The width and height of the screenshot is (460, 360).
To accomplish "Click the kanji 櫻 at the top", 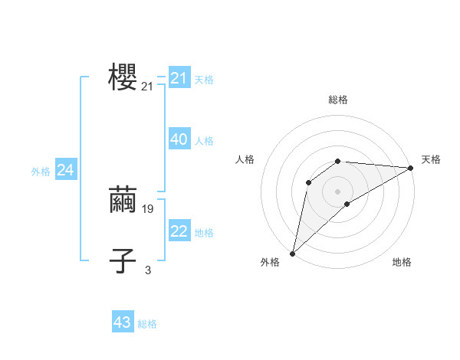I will coord(123,77).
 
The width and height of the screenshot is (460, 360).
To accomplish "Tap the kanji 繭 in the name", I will coord(123,199).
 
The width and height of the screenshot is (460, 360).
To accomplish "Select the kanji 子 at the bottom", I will coord(123,260).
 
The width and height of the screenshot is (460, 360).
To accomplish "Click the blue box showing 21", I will coord(179,78).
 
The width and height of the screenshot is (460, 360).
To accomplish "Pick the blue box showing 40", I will coord(179,139).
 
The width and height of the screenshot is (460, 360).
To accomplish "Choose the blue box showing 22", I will coord(179,231).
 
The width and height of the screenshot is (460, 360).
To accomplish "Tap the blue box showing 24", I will coord(66,170).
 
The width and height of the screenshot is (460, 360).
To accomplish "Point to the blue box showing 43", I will coord(123,322).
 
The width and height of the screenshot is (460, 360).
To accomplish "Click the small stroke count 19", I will coord(148,209).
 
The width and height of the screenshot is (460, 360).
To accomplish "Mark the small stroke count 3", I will coord(148,270).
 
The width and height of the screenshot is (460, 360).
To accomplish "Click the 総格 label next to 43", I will coord(147,324).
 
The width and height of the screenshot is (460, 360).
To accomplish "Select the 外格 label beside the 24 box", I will coord(41,172).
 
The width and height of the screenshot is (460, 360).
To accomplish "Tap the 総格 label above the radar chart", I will coord(337,100).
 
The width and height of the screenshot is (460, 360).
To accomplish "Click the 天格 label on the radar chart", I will coord(431,159).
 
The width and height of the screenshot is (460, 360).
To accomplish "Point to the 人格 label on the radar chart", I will coord(245,159).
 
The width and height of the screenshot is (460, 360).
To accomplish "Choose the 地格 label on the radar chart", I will coord(402,263).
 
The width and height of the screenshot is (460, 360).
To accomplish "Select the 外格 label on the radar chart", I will coord(270,263).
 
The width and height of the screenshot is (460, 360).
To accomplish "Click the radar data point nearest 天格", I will coord(410,168).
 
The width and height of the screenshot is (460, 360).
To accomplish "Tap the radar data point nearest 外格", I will coord(292,254).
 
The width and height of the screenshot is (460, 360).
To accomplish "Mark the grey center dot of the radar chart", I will coord(337,191).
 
